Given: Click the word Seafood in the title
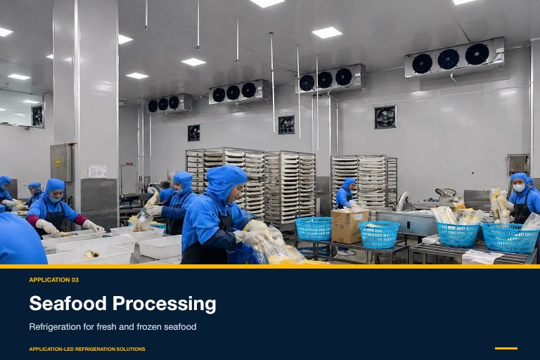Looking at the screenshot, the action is tap(67, 304).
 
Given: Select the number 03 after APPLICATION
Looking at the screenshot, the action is tap(75, 280).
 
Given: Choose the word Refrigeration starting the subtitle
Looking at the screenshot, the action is tap(55, 327).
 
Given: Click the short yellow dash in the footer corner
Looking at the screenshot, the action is tap(506, 348).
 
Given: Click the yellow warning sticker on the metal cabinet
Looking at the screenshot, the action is tap(58, 162).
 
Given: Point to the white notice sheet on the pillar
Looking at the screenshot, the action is tap(98, 172).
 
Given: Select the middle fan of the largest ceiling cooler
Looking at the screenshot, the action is tap(448, 59).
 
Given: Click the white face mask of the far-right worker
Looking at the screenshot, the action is tap(519, 188).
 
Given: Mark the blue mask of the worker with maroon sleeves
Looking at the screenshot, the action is tap(54, 199).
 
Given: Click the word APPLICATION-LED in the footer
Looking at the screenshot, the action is tap(51, 349).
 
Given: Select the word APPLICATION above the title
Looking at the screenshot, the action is tap(50, 280).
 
